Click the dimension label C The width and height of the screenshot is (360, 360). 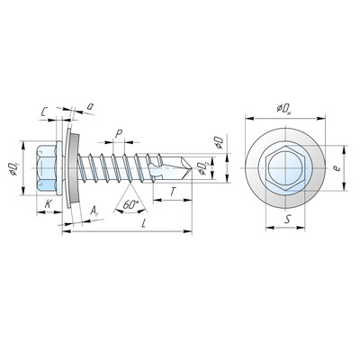44,112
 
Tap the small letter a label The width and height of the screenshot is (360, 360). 90,106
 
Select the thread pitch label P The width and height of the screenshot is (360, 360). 119,134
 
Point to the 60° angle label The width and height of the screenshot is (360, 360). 130,205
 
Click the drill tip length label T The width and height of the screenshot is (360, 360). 173,192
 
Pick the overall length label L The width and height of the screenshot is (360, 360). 144,223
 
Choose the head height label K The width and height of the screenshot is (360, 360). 48,204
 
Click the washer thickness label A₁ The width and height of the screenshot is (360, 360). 94,211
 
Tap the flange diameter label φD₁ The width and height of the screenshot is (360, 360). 13,168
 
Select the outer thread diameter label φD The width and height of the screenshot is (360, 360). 219,143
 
